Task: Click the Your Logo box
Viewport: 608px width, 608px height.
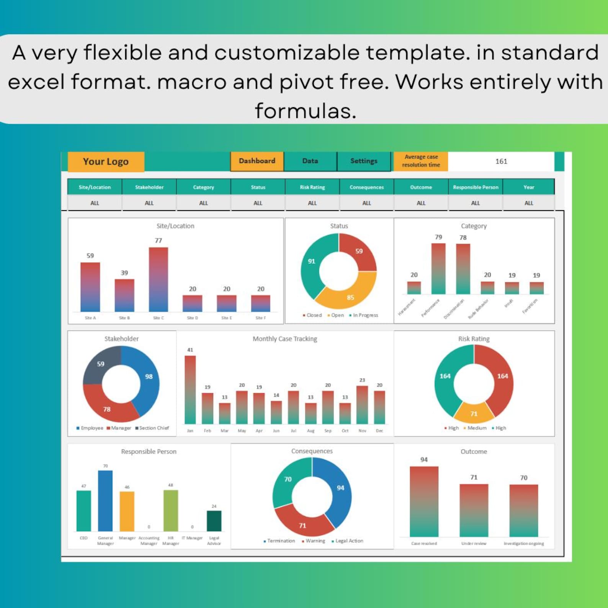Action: (106, 162)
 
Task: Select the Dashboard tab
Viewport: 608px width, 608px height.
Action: (257, 161)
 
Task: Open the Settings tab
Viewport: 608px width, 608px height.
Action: (364, 161)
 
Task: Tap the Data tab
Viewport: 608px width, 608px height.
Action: (310, 161)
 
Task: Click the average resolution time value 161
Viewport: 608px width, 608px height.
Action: (501, 162)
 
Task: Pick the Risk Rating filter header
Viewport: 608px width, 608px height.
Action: (312, 187)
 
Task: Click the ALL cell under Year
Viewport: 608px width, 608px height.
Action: (528, 203)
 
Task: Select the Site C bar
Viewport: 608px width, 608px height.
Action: (158, 279)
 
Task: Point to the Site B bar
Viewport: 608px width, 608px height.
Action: (124, 295)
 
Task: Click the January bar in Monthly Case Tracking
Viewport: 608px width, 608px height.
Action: (190, 389)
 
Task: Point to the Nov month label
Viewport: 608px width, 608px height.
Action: (362, 431)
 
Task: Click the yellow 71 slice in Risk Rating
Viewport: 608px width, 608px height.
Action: (474, 413)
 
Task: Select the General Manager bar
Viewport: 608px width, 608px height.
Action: (105, 501)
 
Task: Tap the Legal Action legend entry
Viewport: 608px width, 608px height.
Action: (349, 541)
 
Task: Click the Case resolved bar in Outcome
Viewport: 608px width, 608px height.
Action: (424, 502)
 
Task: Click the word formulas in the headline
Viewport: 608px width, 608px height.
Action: (306, 111)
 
